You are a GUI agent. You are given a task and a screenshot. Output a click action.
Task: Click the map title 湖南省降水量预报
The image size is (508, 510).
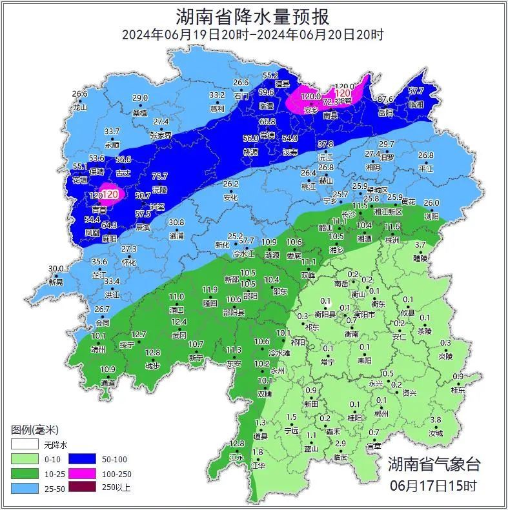click(x=253, y=16)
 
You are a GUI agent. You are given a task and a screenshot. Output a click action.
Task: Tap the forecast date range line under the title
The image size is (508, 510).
click(x=253, y=35)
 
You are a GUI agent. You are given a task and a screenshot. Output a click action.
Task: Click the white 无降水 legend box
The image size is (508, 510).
click(x=25, y=445)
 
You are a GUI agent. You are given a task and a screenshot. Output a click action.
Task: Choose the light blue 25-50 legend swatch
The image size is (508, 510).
click(x=25, y=487)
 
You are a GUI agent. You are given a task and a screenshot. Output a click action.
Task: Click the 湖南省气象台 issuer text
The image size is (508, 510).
click(x=434, y=464)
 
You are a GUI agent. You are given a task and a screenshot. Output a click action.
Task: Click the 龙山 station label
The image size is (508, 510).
click(x=80, y=108)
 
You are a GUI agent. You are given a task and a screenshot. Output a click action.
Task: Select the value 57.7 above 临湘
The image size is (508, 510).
click(x=416, y=92)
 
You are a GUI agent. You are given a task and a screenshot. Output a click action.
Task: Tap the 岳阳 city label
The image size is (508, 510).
click(x=385, y=113)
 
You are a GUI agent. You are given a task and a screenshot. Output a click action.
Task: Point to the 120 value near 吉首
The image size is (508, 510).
click(x=110, y=194)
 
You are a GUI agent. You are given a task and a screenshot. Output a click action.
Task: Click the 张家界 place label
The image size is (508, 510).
click(x=161, y=135)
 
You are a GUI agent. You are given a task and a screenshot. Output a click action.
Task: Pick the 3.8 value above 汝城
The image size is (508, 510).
click(x=436, y=420)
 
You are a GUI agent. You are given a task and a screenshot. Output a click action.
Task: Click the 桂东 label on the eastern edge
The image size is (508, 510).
click(x=458, y=390)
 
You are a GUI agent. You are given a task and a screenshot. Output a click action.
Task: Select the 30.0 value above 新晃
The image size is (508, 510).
click(x=57, y=269)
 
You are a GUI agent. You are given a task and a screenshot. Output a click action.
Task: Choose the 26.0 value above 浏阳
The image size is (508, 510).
click(x=431, y=204)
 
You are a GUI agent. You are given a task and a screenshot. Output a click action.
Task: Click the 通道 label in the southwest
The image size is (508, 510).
click(x=108, y=383)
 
